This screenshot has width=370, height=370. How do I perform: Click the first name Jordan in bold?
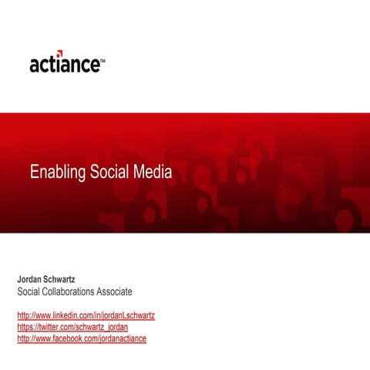pos(32,277)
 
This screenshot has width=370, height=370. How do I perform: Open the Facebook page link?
pos(81,338)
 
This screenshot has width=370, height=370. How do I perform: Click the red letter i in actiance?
pos(61,62)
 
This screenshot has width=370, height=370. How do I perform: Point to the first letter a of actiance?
pos(35,65)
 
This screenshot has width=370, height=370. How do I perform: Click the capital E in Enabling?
pos(35,173)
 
